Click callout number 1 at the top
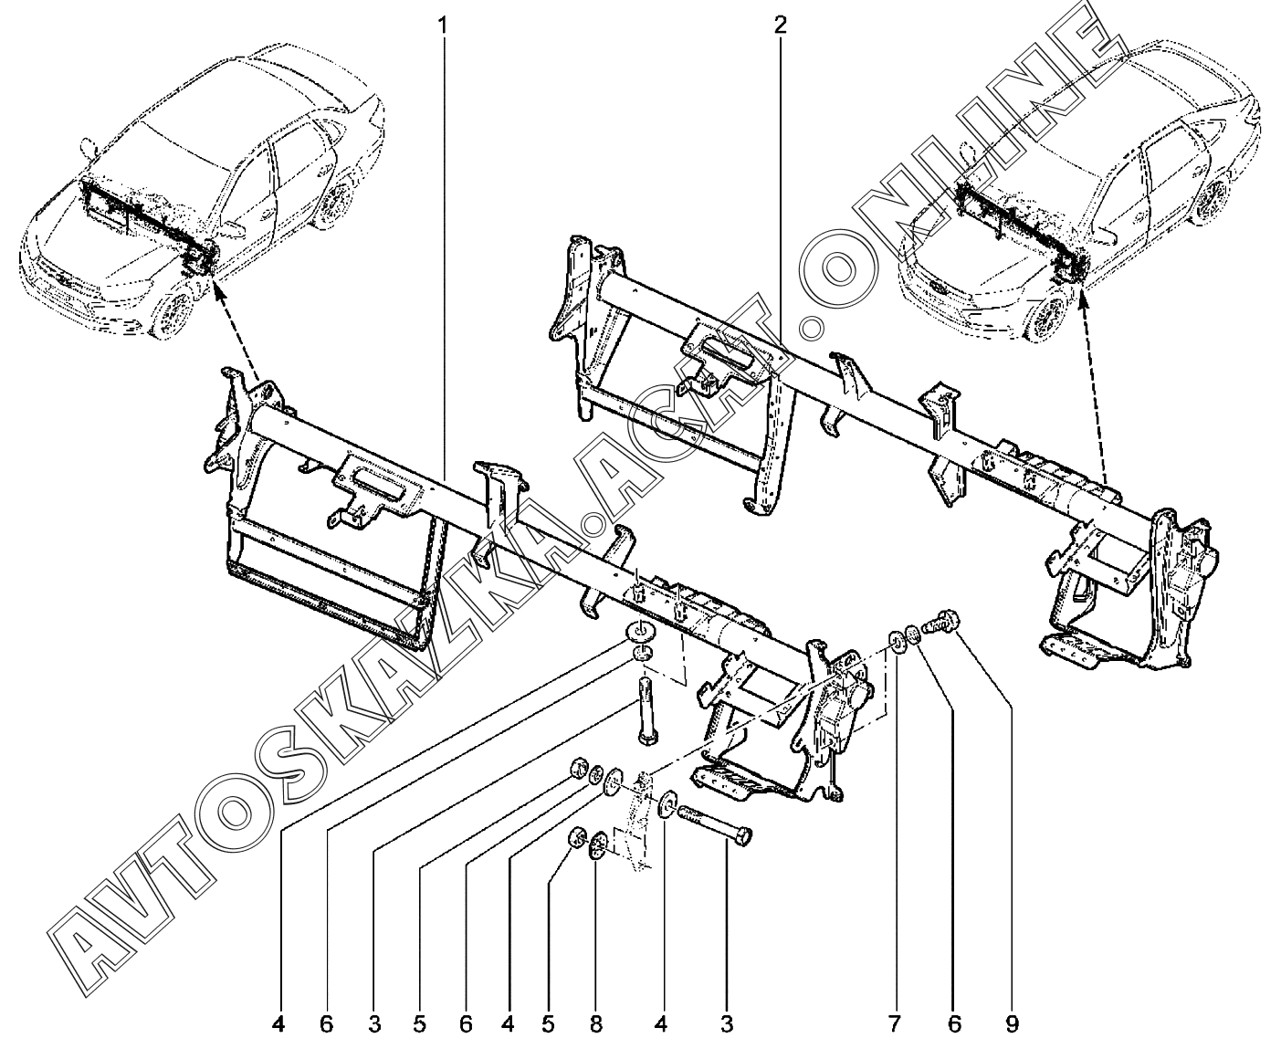pyautogui.click(x=444, y=26)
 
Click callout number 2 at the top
pyautogui.click(x=780, y=26)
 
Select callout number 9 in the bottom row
pyautogui.click(x=1012, y=1024)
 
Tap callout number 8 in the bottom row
pyautogui.click(x=595, y=1024)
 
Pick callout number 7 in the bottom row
pyautogui.click(x=894, y=1024)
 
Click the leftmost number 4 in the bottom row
pyautogui.click(x=278, y=1024)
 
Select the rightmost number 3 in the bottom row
pyautogui.click(x=727, y=1024)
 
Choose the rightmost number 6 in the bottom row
pyautogui.click(x=954, y=1024)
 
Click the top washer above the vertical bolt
pyautogui.click(x=639, y=632)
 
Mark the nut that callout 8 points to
pyautogui.click(x=598, y=844)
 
